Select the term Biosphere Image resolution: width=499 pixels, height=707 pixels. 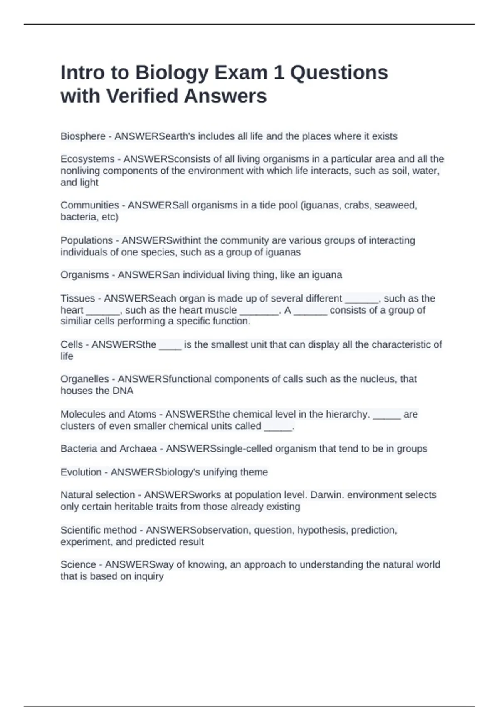[x=83, y=136]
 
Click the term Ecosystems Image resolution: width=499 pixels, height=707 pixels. [x=87, y=159]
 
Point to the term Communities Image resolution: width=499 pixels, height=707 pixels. [x=89, y=205]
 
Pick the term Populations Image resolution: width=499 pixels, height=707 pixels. [x=86, y=240]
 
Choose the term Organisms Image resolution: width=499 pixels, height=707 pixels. [x=84, y=275]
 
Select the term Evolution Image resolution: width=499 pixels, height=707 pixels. [x=81, y=472]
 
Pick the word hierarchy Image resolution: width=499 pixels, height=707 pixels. [x=348, y=414]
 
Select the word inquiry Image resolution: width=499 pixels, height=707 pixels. [x=148, y=576]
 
